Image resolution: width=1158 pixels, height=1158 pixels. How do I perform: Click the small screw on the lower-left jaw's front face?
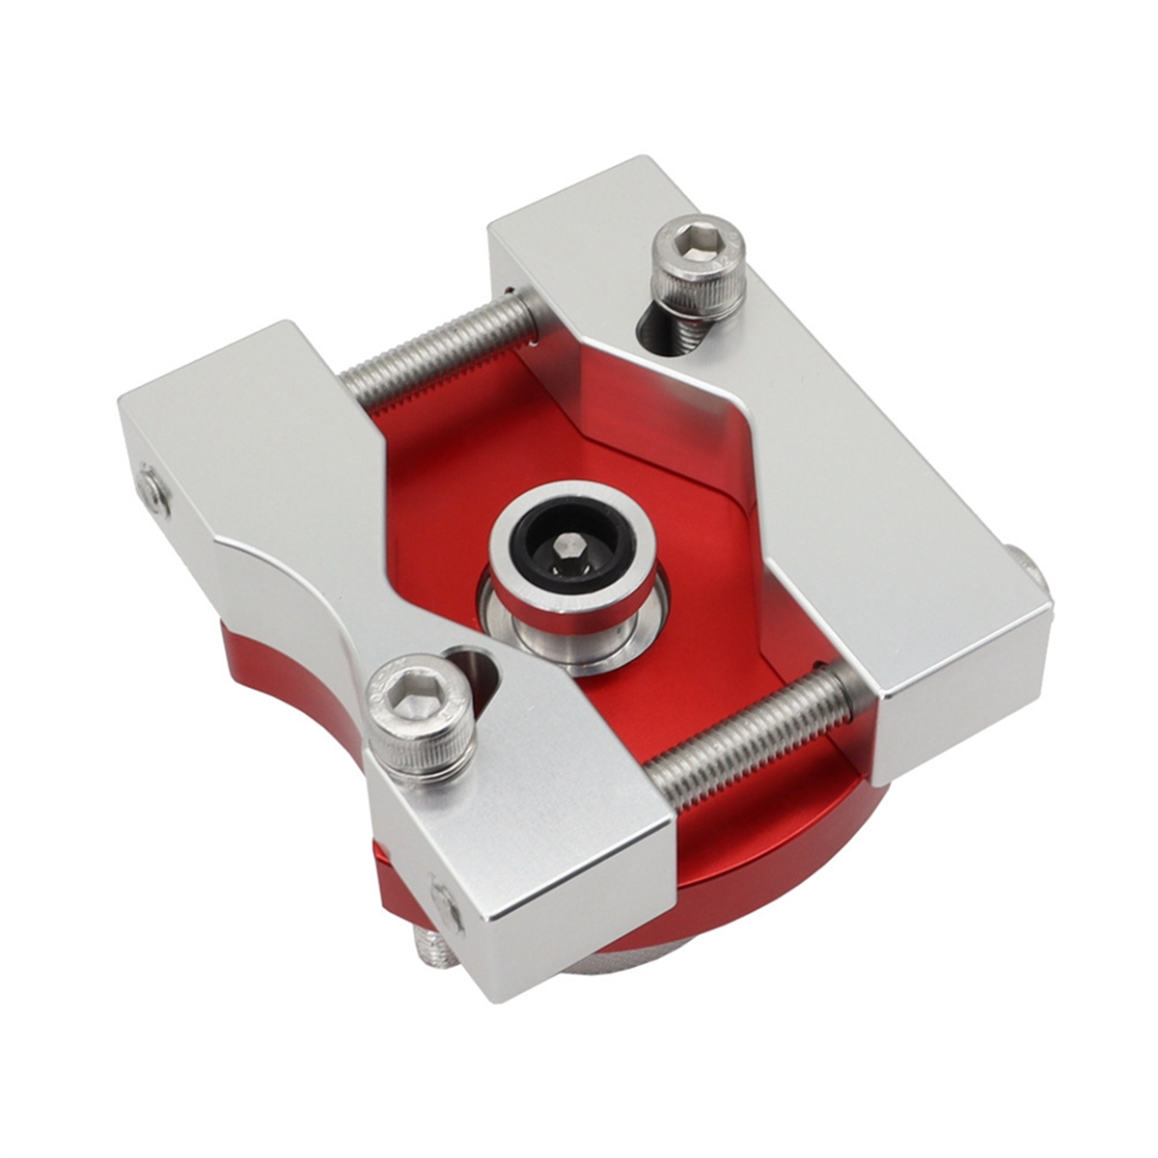tap(446, 902)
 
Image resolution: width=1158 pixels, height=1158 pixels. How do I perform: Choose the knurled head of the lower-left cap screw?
tap(415, 733)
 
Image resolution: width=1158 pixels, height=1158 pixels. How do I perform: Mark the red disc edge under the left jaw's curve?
tap(289, 675)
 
